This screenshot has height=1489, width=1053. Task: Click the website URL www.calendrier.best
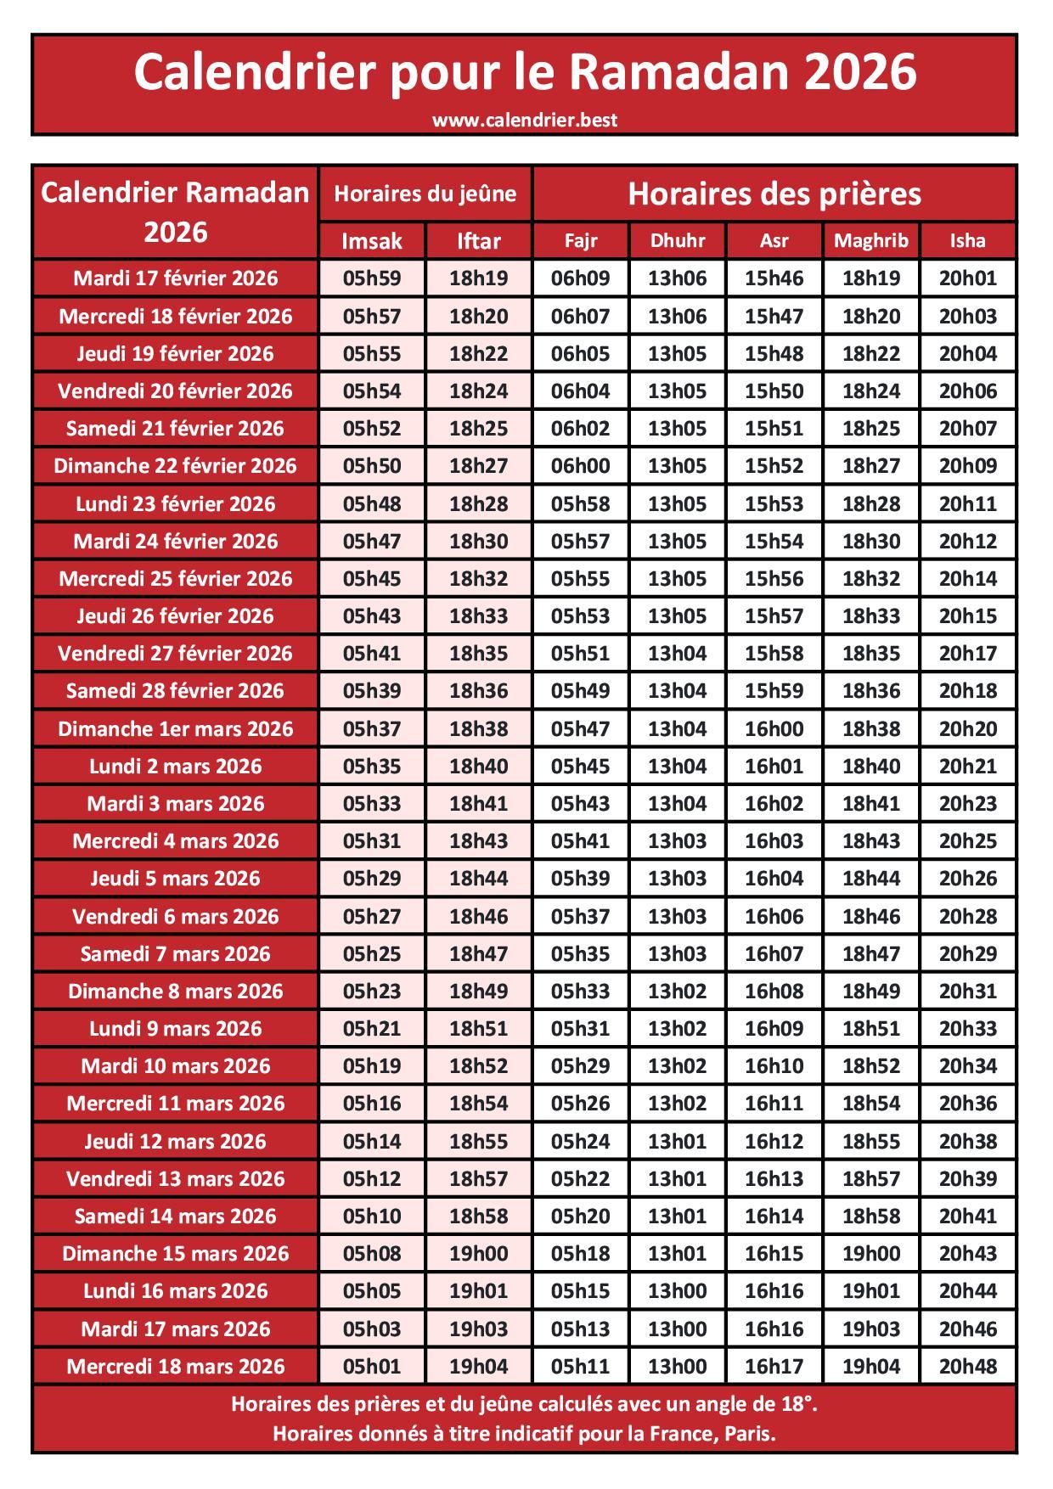coord(525,120)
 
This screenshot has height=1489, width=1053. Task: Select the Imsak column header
coord(372,241)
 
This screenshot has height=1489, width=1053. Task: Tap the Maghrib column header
coord(870,240)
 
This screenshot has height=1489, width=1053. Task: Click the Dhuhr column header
coord(678,240)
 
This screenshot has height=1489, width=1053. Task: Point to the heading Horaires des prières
coord(774,194)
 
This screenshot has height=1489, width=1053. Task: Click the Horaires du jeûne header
coord(425,194)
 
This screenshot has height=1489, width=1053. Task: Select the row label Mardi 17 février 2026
coord(176,278)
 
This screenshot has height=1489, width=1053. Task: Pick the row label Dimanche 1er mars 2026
coord(176,728)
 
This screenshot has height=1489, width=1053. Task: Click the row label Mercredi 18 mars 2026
coord(176,1366)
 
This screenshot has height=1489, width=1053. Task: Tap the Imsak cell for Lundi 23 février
coord(372,503)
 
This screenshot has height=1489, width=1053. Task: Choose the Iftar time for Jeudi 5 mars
coord(478,878)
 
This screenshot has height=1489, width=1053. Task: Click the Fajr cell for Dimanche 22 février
coord(580,465)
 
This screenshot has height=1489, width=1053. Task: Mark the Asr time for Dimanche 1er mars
coord(774,728)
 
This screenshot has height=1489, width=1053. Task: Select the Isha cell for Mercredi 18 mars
coord(967,1366)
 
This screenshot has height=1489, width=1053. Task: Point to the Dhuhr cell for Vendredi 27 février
coord(678,653)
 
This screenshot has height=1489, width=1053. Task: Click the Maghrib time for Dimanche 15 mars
coord(870,1253)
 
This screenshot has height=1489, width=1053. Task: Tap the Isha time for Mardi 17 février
coord(967,278)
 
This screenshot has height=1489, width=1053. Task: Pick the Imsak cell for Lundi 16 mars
coord(372,1290)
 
